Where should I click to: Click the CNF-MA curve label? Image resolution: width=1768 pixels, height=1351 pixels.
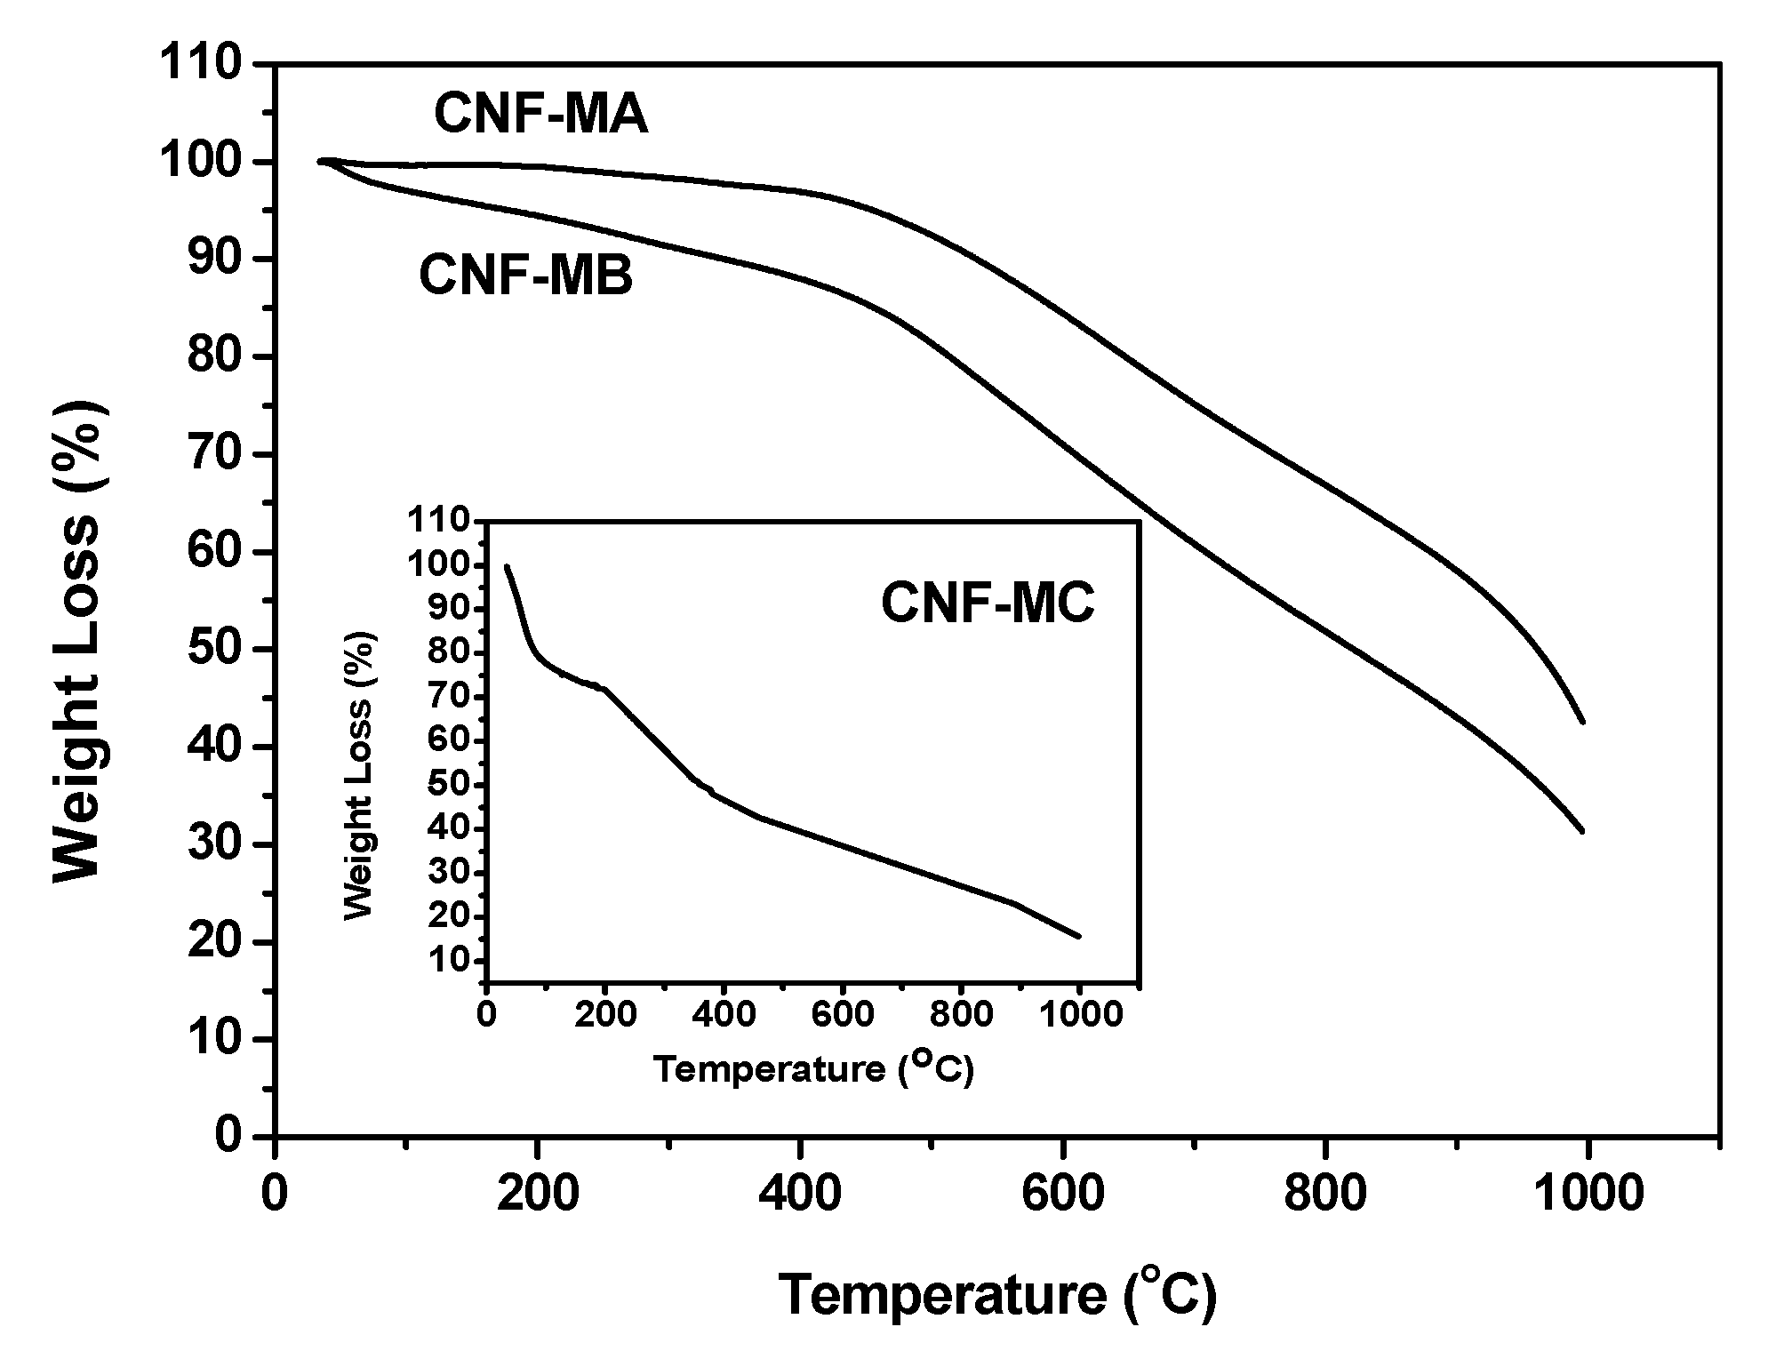(x=540, y=116)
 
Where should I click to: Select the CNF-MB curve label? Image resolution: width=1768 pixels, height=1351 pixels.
(x=525, y=276)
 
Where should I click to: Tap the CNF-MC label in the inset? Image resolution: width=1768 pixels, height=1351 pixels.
(x=988, y=604)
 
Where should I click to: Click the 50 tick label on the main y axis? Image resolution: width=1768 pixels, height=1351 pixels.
(x=213, y=650)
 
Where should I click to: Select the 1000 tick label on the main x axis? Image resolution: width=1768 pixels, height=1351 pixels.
(x=1588, y=1194)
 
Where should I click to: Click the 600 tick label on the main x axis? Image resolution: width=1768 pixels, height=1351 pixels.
(x=1062, y=1194)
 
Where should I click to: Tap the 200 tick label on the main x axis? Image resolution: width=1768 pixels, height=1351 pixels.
(x=537, y=1194)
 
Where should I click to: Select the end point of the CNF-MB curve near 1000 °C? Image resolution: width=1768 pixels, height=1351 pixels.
(x=1583, y=831)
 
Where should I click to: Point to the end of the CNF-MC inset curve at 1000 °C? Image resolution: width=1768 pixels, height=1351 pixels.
(x=1079, y=936)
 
